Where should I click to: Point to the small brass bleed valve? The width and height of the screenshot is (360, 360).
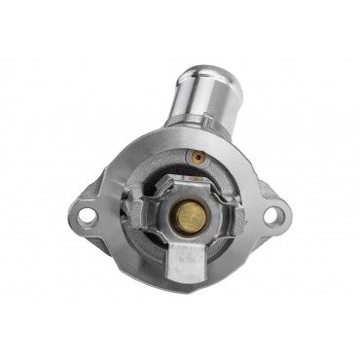tap(198, 156)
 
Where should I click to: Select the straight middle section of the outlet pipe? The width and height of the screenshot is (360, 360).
tap(200, 97)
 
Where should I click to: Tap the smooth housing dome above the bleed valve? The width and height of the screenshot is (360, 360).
tap(209, 143)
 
